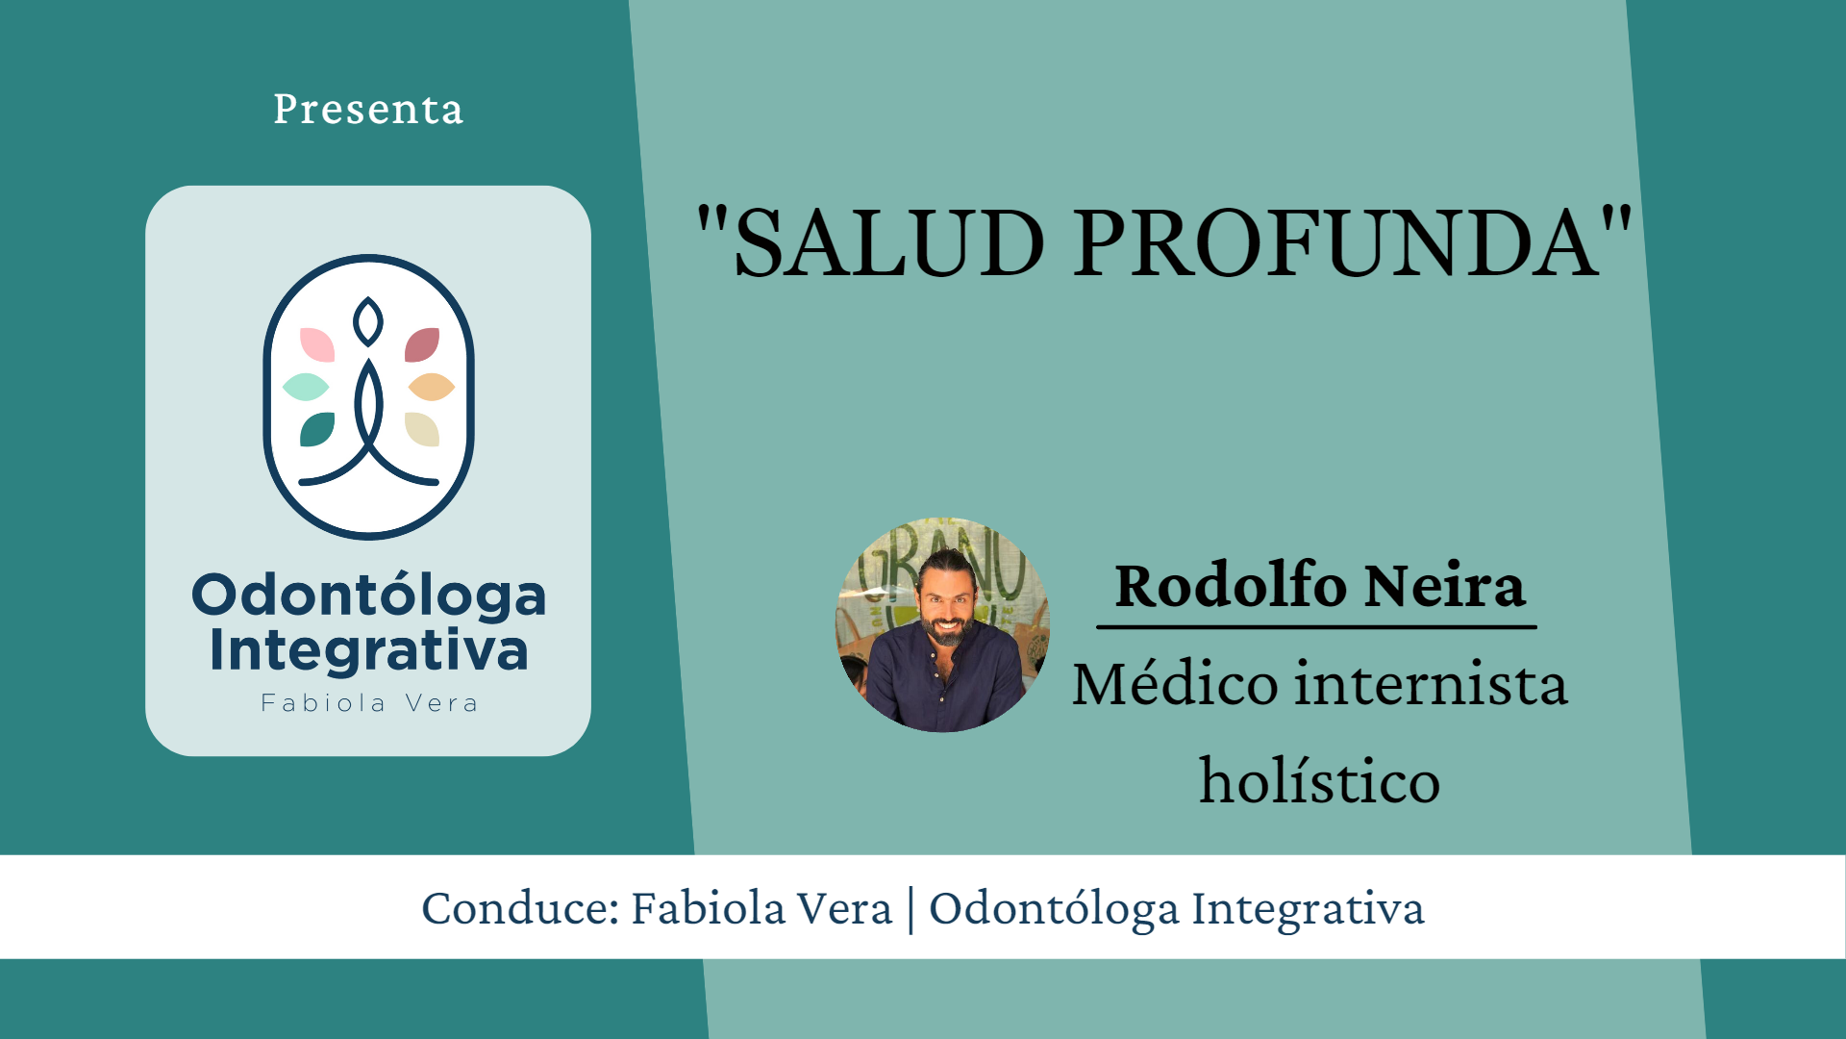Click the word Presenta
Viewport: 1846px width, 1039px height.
[368, 110]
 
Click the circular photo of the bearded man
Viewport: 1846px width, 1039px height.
[942, 625]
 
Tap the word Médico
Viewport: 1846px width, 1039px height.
[1174, 685]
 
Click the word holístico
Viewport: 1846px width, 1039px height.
[1319, 781]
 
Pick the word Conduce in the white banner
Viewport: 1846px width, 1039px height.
[519, 908]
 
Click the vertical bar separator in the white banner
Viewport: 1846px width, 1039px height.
[911, 908]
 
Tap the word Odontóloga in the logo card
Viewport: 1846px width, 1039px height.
[368, 596]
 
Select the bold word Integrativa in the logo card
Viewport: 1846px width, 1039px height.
[368, 651]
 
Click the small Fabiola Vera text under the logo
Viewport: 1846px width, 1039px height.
[369, 703]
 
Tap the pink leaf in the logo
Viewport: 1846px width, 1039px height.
[317, 344]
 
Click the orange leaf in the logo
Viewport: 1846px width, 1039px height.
[431, 387]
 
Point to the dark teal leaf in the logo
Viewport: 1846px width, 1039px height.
[317, 429]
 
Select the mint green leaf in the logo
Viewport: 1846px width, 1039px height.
[306, 387]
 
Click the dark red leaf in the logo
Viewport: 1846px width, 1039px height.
[422, 344]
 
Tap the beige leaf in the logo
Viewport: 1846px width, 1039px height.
[422, 429]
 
